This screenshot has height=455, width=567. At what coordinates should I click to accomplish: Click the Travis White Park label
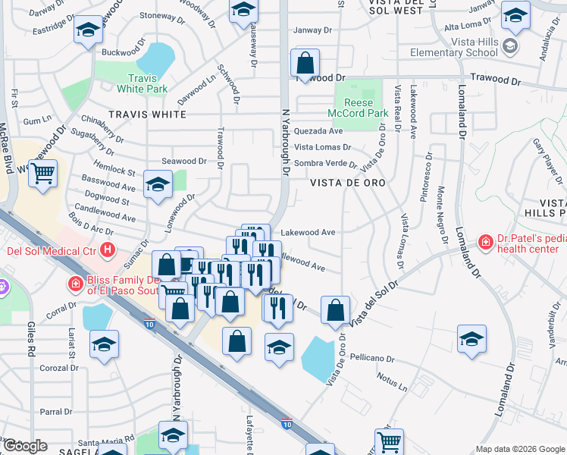[142, 83]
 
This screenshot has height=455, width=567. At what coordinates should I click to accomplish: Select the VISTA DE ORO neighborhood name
[348, 184]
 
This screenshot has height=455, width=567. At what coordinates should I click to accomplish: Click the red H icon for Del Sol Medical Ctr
[108, 249]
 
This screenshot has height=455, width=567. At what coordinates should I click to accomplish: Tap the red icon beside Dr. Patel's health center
[485, 242]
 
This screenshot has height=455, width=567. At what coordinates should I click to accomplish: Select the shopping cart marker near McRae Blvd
[43, 174]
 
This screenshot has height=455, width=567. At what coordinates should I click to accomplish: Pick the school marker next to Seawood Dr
[158, 186]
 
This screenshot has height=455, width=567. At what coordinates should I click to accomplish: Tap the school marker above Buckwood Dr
[88, 31]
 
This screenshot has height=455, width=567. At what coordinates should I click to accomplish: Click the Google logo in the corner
[25, 446]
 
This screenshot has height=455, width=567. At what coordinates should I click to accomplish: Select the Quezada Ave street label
[319, 131]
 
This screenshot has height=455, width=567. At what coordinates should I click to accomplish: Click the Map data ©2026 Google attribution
[519, 449]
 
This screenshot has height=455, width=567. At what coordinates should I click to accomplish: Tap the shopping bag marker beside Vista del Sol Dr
[335, 309]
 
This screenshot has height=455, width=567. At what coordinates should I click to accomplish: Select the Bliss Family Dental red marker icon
[74, 284]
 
